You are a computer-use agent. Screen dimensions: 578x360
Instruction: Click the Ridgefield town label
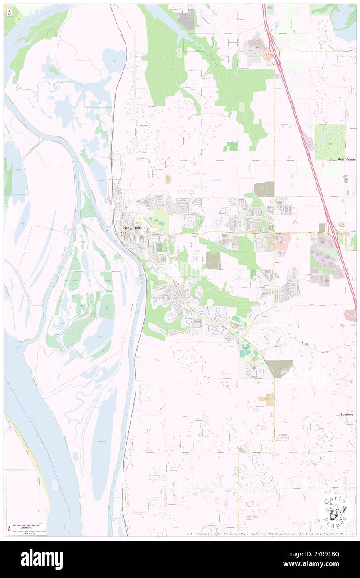(x=132, y=228)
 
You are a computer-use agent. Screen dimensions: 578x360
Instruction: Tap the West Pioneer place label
(x=346, y=159)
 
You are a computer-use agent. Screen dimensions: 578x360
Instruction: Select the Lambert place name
(x=346, y=415)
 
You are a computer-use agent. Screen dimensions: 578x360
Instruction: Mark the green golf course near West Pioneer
(x=330, y=142)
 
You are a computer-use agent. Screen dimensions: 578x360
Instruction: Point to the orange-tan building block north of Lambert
(x=267, y=400)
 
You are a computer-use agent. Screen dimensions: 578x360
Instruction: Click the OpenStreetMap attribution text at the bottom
(x=254, y=534)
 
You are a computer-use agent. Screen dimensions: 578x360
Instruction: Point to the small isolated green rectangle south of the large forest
(x=231, y=146)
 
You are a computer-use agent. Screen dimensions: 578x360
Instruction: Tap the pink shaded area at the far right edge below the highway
(x=350, y=316)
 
